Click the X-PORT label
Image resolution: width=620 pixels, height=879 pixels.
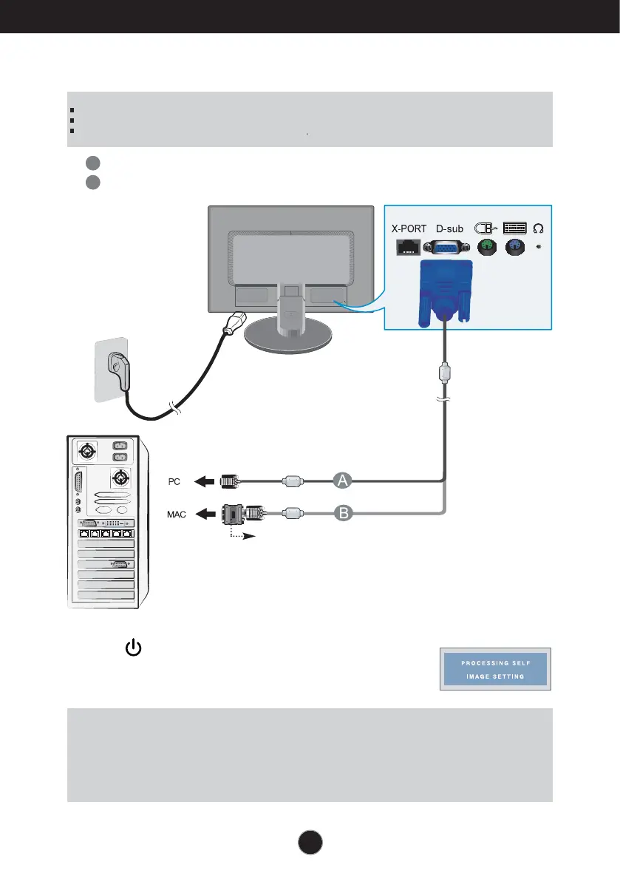click(x=409, y=228)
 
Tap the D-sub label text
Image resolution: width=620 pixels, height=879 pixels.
click(x=450, y=228)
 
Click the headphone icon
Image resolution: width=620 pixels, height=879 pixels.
click(x=538, y=227)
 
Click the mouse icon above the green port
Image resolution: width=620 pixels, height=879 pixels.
click(x=485, y=228)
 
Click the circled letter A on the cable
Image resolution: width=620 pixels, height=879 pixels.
click(x=342, y=481)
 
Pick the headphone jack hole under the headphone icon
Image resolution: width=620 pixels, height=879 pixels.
click(x=538, y=246)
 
